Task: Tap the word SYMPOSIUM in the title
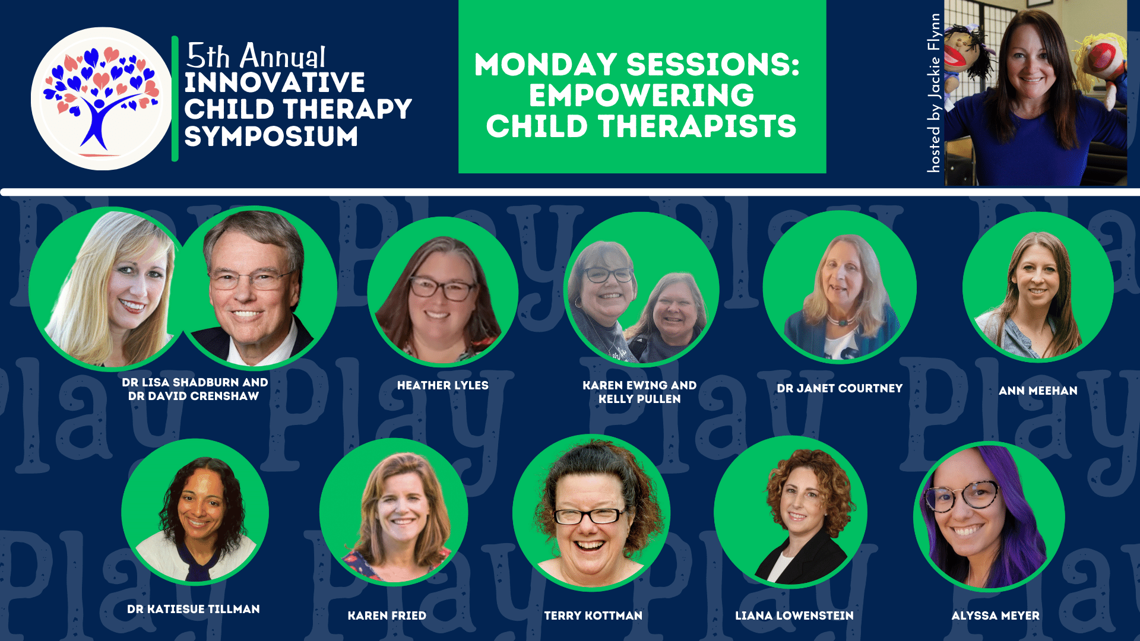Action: coord(271,137)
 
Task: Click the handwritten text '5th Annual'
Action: coord(256,56)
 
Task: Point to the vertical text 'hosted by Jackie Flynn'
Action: coord(933,93)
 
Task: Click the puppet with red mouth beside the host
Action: coord(967,56)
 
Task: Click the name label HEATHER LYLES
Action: coord(443,386)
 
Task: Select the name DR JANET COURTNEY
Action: coord(840,389)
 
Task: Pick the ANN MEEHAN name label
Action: coord(1038,391)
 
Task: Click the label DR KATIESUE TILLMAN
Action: coord(194,610)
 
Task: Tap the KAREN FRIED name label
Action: coord(387,616)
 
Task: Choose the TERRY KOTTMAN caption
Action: coord(593,616)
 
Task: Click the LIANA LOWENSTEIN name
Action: coord(794,616)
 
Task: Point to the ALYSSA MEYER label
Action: coord(996,616)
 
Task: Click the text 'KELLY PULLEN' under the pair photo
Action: coord(639,399)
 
